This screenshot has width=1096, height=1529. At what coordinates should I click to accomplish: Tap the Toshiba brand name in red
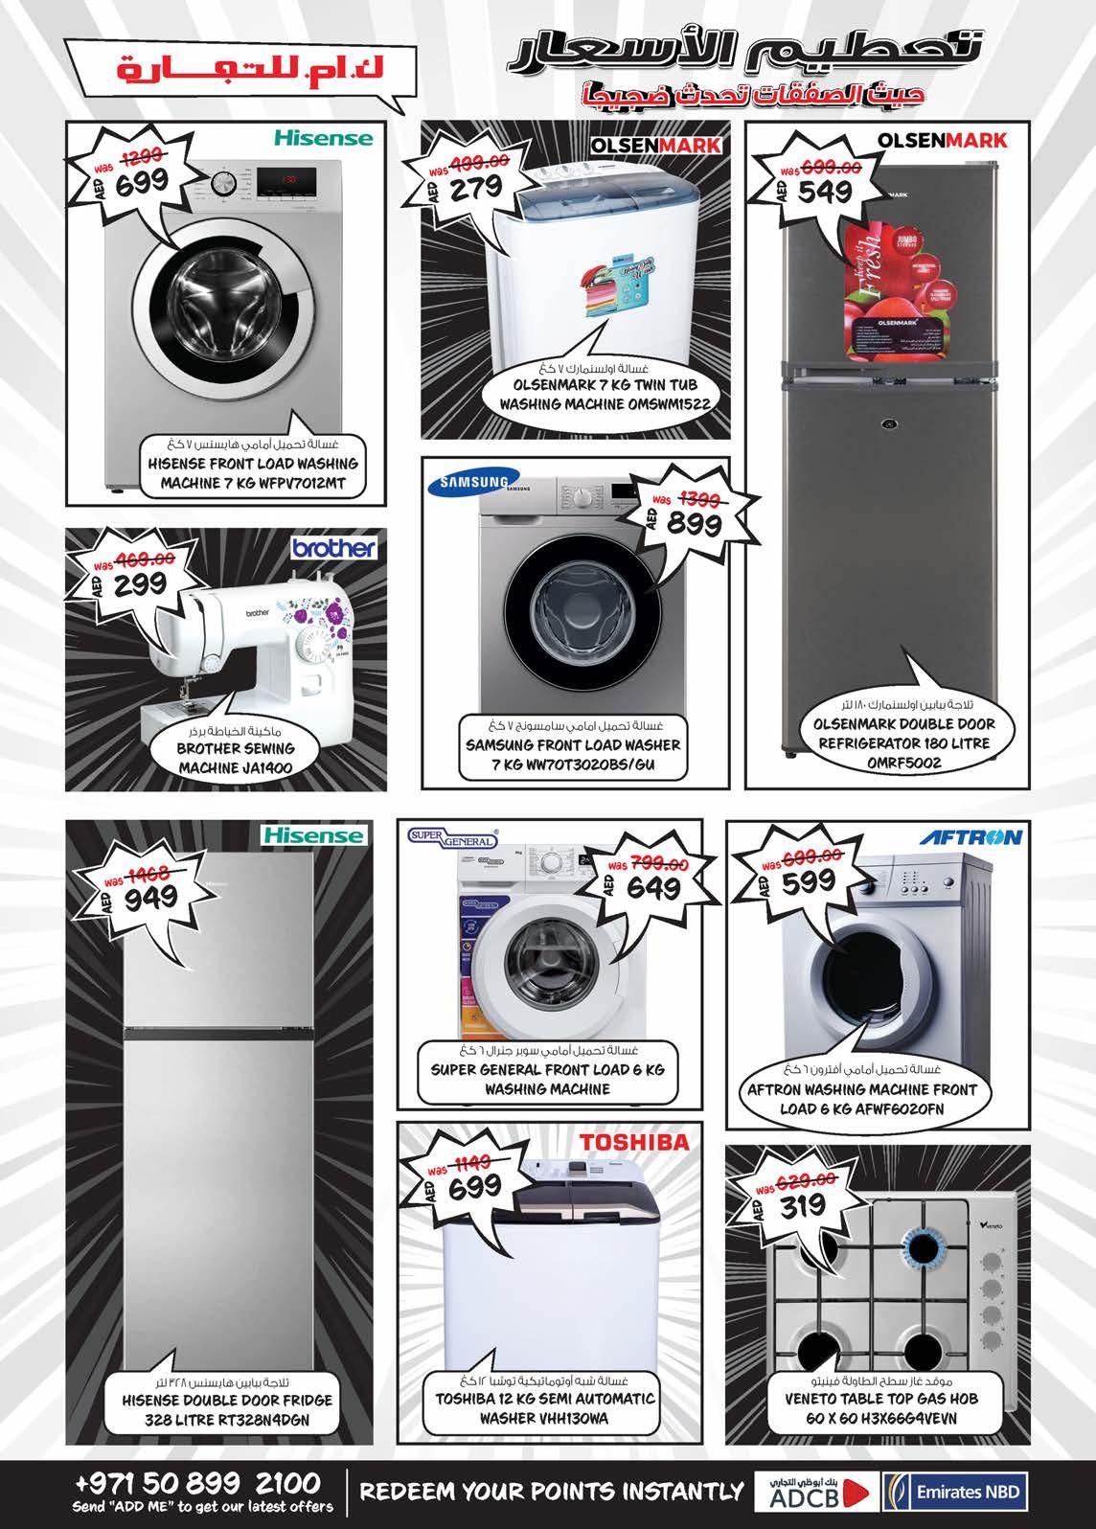click(633, 1142)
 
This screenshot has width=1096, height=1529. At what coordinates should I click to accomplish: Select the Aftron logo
click(970, 837)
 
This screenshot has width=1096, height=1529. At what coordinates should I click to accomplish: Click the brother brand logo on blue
click(335, 549)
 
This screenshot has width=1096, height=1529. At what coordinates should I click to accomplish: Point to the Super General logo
click(453, 840)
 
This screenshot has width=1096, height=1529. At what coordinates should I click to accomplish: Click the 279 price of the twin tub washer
click(475, 187)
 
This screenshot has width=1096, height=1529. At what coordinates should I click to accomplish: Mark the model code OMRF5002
click(904, 764)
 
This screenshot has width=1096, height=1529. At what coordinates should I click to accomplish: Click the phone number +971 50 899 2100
click(197, 1483)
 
